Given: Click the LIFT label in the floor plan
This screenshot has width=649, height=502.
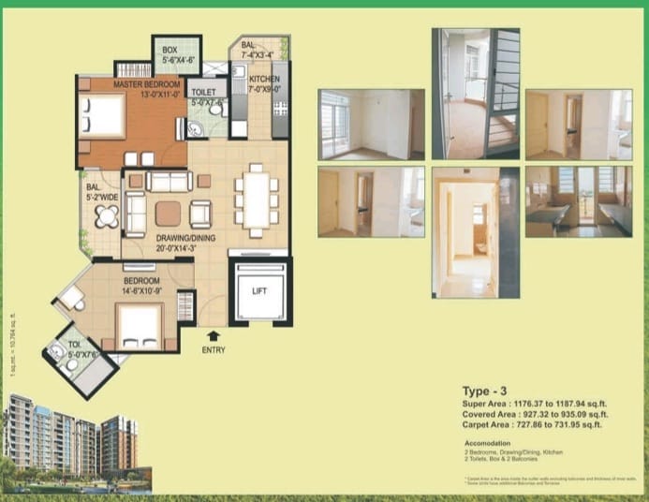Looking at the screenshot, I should click(260, 291).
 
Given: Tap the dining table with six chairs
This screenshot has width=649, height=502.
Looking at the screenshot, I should click(256, 199).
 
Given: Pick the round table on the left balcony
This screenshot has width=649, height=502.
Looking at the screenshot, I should click(107, 217).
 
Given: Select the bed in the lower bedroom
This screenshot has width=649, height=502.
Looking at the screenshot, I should click(139, 328).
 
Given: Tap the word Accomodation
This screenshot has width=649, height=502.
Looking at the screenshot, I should click(488, 442).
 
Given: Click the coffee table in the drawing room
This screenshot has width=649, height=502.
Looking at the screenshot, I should click(169, 214).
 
